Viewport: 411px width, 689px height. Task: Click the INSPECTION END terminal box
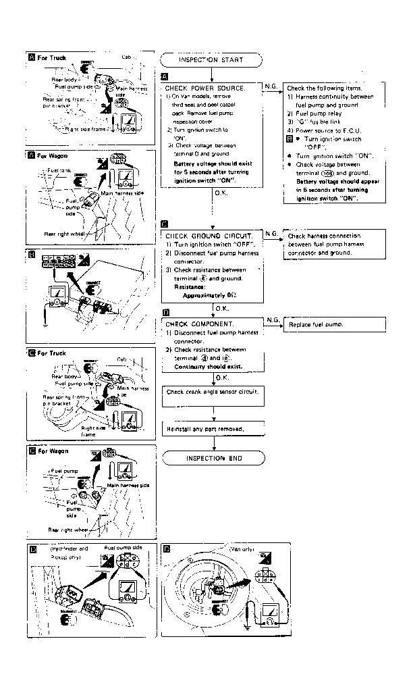(x=212, y=459)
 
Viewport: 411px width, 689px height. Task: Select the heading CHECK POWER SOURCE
(x=204, y=88)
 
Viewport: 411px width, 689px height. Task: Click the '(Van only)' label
(x=241, y=550)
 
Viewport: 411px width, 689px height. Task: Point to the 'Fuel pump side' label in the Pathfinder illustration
(x=124, y=548)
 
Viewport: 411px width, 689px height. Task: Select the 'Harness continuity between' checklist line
(x=334, y=97)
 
